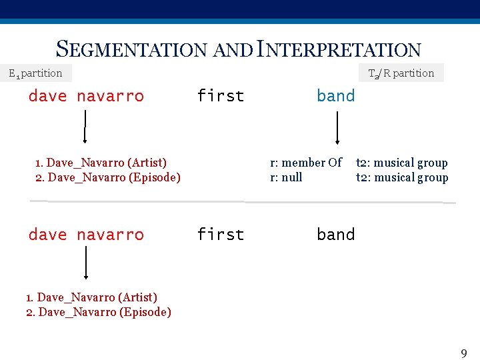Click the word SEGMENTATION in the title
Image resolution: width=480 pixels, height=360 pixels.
click(x=133, y=49)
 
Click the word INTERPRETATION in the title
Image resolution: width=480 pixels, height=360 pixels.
click(x=339, y=49)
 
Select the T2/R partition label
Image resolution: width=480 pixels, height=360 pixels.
click(x=401, y=73)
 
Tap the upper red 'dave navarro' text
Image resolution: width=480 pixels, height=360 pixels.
click(x=86, y=96)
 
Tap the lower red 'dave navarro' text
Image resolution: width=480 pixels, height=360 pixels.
click(x=86, y=235)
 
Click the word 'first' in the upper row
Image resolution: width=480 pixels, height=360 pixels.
click(x=221, y=96)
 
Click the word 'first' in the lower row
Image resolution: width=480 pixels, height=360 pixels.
click(x=221, y=235)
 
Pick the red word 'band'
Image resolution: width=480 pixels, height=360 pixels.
click(x=336, y=96)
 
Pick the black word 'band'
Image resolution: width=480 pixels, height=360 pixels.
click(x=336, y=235)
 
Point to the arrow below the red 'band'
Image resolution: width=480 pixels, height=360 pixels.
click(x=337, y=127)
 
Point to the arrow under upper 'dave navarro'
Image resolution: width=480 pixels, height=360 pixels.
click(x=85, y=127)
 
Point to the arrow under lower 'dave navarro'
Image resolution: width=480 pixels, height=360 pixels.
click(x=85, y=263)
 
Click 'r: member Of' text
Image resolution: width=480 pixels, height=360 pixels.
click(x=305, y=163)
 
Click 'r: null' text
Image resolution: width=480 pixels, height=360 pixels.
click(x=286, y=177)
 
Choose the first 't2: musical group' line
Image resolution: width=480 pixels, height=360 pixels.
click(x=402, y=163)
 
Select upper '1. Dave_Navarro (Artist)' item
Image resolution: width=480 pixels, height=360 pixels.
click(x=101, y=163)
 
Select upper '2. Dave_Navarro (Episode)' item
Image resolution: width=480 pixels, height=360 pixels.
click(x=107, y=177)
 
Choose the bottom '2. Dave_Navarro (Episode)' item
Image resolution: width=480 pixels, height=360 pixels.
click(x=98, y=312)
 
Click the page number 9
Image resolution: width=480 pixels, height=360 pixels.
click(x=464, y=353)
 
